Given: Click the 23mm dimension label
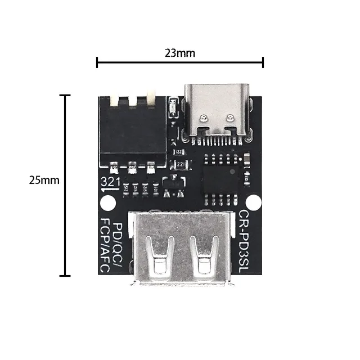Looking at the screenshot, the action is (179, 53).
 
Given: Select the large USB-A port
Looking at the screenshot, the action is (180, 247).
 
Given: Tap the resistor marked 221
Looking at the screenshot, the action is (181, 164).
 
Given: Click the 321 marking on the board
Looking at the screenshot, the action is (109, 182).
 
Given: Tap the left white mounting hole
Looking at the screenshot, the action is (105, 202).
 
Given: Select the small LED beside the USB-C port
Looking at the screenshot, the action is (173, 107).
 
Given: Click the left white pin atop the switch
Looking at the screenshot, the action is (115, 101).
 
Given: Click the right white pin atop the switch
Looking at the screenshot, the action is (151, 100).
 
